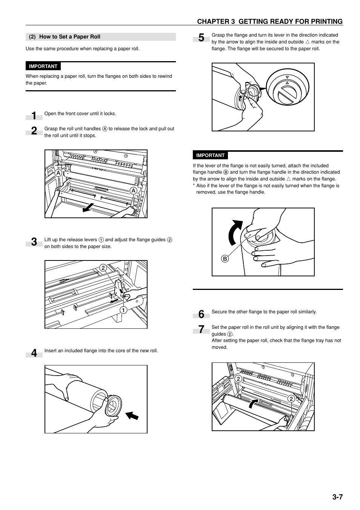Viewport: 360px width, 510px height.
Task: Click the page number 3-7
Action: [337, 497]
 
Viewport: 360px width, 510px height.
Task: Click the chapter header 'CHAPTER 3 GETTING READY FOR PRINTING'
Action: [270, 22]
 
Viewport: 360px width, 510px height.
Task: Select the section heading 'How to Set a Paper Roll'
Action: [70, 37]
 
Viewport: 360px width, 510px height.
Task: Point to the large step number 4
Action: [34, 353]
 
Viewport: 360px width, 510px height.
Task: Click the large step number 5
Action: [201, 37]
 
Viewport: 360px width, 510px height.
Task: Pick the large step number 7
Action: [201, 330]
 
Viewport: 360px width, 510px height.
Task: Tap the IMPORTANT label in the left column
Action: [43, 66]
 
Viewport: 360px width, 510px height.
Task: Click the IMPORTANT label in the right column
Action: [210, 155]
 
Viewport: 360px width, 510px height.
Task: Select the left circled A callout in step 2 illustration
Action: [58, 173]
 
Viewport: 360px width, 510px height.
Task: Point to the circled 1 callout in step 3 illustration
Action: [123, 310]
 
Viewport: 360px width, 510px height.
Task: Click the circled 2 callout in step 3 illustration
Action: [103, 268]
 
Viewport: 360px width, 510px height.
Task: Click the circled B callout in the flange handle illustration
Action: [225, 259]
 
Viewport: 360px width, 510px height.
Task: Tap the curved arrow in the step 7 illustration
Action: [254, 403]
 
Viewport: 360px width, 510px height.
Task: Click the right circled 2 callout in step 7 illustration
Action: [291, 399]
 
